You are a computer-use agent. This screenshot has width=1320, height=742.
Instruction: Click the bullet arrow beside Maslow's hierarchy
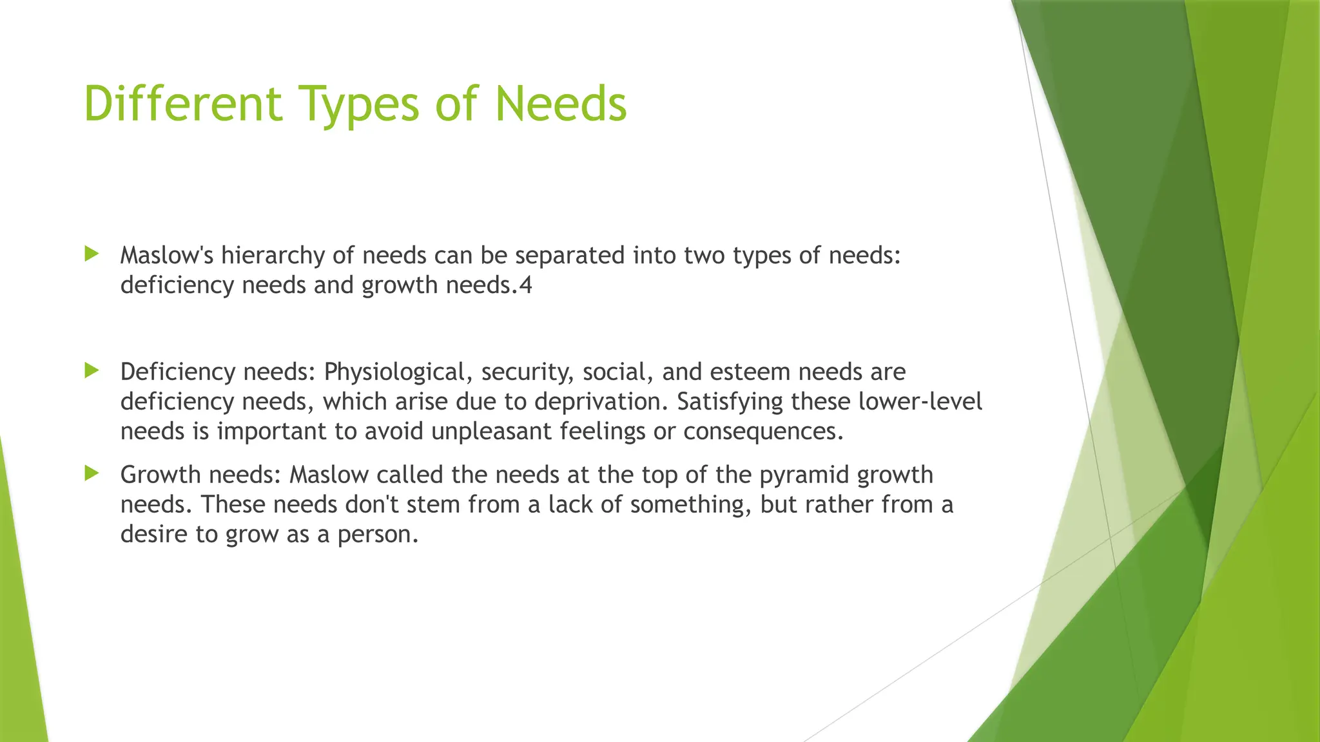[92, 254]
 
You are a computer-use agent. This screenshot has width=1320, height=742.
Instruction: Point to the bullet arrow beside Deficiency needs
[92, 370]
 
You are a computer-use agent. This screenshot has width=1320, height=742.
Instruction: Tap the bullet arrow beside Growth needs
[92, 473]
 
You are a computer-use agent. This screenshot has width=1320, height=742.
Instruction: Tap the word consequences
[763, 432]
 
